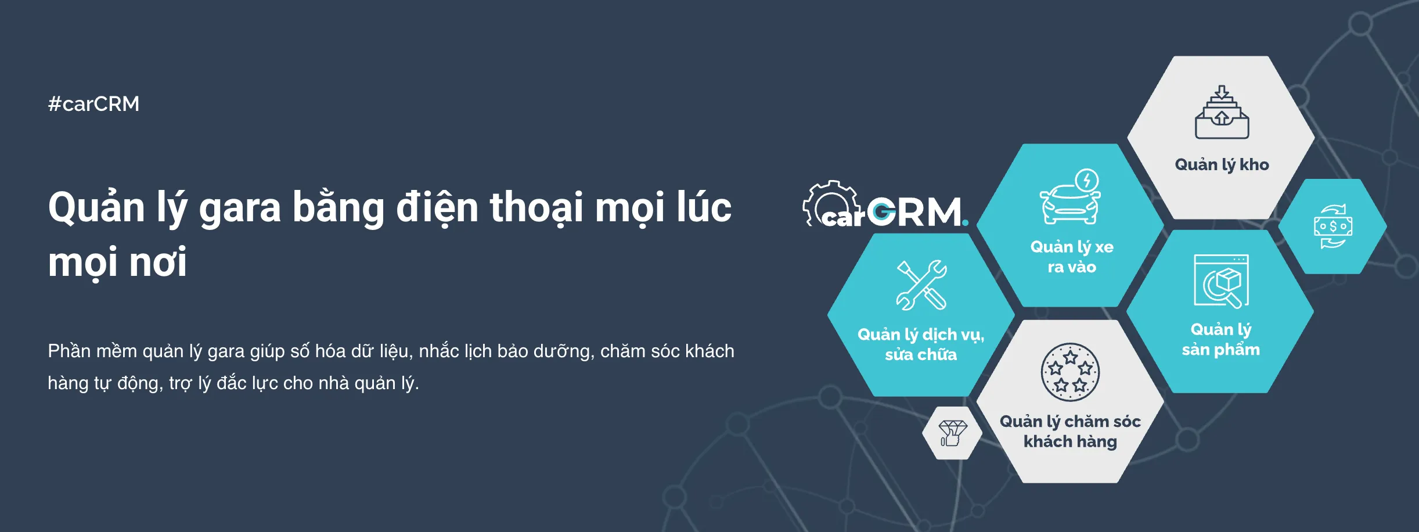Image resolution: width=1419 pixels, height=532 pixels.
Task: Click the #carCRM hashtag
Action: [x=93, y=104]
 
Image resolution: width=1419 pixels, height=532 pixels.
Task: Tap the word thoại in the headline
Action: [x=536, y=208]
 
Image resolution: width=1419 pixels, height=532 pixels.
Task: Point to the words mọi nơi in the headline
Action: [x=117, y=263]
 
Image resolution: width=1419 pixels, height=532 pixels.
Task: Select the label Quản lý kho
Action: [x=1222, y=165]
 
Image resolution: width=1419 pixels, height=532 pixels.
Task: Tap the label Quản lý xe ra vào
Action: [x=1072, y=257]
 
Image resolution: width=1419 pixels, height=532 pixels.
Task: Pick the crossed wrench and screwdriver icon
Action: [x=921, y=285]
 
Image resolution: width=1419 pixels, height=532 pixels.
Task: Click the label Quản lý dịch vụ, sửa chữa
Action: [x=921, y=344]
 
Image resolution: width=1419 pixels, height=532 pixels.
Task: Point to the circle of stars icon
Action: [x=1069, y=372]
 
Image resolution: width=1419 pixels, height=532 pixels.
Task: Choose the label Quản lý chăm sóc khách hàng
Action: [x=1070, y=431]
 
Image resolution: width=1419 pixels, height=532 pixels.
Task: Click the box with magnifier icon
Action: [x=1221, y=282]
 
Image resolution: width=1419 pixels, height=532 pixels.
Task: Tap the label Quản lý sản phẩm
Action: [x=1221, y=339]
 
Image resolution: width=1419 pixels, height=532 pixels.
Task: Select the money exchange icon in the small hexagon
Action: [x=1333, y=227]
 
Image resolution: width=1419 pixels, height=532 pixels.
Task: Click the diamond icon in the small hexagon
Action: [x=952, y=433]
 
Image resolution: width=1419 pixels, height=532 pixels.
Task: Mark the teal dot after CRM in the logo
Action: [x=965, y=222]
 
